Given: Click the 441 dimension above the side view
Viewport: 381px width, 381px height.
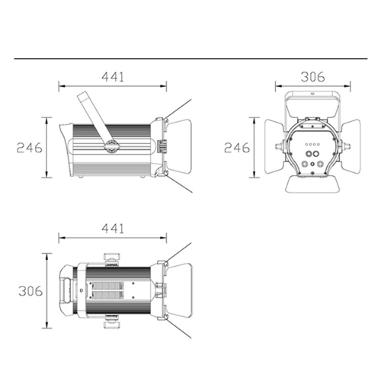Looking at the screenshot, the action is tap(113, 77).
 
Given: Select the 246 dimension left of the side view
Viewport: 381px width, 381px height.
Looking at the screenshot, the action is tap(30, 148).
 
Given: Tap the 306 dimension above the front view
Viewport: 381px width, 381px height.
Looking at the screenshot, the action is tap(313, 77).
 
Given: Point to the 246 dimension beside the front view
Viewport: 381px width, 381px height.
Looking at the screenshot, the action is tap(237, 148).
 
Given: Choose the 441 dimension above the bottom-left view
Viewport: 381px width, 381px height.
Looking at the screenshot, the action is tap(113, 229).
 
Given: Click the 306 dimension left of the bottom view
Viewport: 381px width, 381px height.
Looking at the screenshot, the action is tap(30, 291).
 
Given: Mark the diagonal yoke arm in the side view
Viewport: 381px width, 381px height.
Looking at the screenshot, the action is tap(95, 117).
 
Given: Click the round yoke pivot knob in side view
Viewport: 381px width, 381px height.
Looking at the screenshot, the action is tap(111, 146).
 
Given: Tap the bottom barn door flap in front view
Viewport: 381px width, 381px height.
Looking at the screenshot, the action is tap(312, 184).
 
